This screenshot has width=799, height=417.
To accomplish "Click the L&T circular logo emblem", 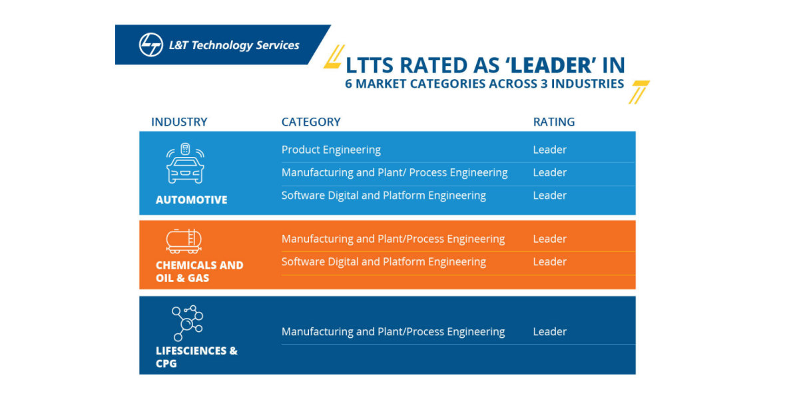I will pos(150,45).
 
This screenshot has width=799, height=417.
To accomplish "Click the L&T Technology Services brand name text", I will pos(234,45).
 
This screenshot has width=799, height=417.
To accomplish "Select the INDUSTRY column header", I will pos(179,122).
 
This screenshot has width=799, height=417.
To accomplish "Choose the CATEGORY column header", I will pos(311,122).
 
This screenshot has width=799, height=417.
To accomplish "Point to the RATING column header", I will pos(553,122).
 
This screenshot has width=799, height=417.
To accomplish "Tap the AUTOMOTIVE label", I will pos(191,200).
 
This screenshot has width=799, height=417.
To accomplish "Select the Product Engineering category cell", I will pos(331,150).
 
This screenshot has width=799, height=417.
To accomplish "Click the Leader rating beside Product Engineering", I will pos(549,150).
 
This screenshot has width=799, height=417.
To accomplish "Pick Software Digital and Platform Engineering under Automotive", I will pos(384,196).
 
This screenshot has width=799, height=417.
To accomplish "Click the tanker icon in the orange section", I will pos(184,241).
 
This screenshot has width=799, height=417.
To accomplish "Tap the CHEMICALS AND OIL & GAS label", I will pos(199,271).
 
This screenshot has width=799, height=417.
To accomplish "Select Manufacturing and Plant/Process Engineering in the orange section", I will pos(393,239).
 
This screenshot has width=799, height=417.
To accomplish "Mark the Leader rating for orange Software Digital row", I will pos(549,261).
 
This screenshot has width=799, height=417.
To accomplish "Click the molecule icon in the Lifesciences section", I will pos(187,323).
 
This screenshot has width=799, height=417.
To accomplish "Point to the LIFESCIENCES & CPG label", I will pos(196,357).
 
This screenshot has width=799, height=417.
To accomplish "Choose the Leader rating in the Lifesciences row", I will pos(549,331).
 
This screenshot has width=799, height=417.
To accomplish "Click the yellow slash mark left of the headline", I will pos(334,57).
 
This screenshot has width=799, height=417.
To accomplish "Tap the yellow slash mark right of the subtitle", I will pos(639,92).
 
